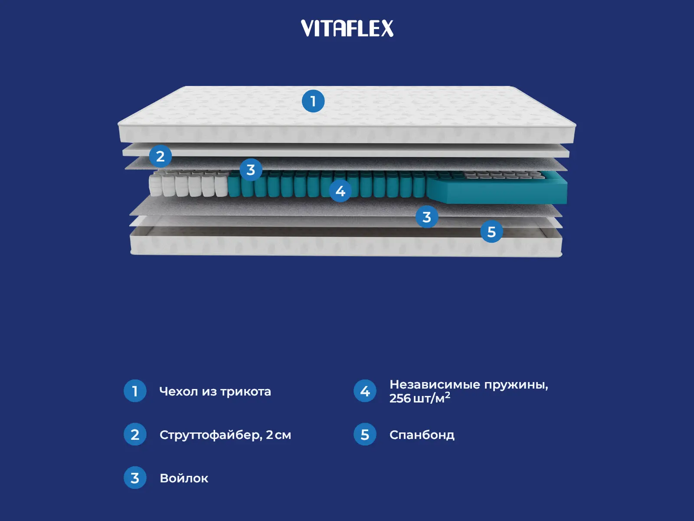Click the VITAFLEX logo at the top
[x=347, y=29]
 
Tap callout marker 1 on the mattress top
[x=313, y=101]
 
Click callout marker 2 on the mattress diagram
[x=160, y=156]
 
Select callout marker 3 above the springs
[x=251, y=170]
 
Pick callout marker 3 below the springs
[x=427, y=217]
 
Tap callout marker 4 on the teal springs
[x=340, y=191]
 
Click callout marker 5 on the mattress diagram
[x=491, y=231]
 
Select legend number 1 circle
[x=135, y=391]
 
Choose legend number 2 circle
[x=135, y=434]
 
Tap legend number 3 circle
[x=135, y=478]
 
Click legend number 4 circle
[x=365, y=391]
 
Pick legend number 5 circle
[x=365, y=434]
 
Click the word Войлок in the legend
[x=184, y=478]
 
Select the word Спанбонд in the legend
[x=422, y=435]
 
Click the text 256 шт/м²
[x=419, y=398]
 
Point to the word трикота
[x=246, y=391]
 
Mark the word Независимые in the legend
[x=435, y=384]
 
